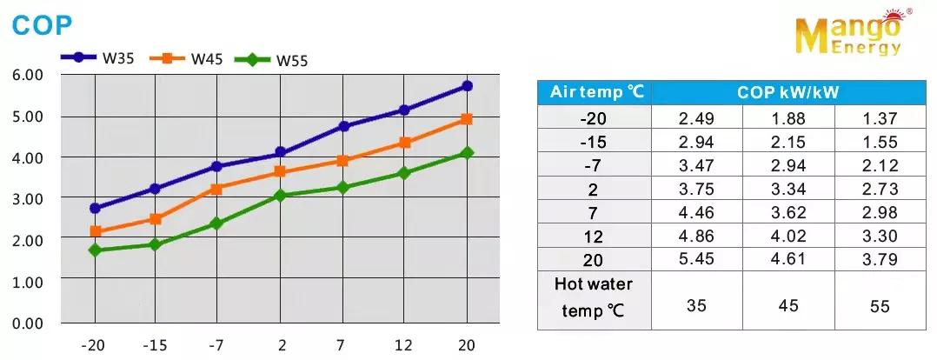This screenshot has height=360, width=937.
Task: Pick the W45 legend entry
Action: coord(186,58)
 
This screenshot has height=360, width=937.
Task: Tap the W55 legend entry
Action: coord(274,60)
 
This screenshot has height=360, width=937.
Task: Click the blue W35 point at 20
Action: coord(467,85)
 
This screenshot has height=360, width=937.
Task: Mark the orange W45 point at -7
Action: coord(216,189)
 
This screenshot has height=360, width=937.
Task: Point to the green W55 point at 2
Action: coord(280,196)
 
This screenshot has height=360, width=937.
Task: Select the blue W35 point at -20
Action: coord(95,209)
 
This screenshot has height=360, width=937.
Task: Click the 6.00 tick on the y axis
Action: coord(28,75)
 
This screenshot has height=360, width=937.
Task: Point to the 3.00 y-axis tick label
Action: coord(28,198)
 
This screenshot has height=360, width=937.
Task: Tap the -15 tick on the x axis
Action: coord(154,344)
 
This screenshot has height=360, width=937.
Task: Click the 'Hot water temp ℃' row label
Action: coord(595,297)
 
